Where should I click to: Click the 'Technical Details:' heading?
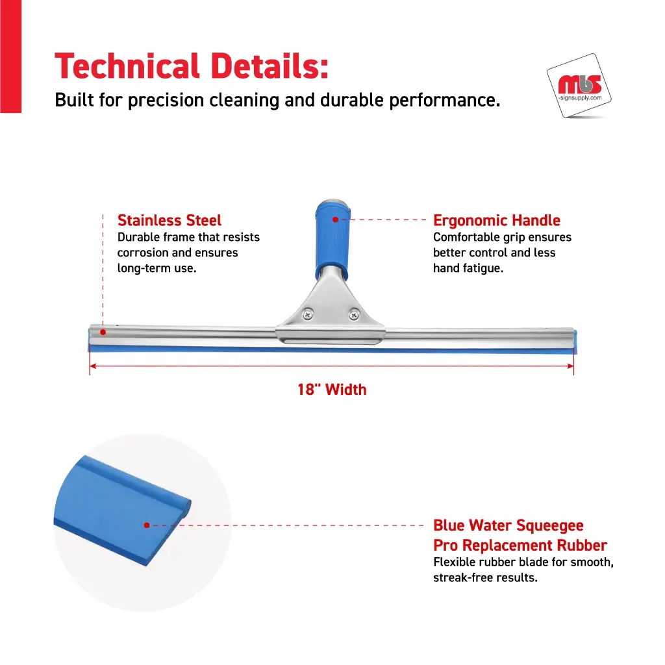point(192,66)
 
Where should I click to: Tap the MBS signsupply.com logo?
point(579,86)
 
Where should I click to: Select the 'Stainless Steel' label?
point(169,221)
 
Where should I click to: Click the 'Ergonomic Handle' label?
point(497,221)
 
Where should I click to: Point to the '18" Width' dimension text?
point(332,390)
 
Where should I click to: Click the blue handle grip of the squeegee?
point(333,240)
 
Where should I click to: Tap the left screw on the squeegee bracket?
point(307,315)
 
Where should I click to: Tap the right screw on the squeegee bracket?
point(354,315)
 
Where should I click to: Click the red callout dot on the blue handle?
point(336,220)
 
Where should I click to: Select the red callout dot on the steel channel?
point(103,332)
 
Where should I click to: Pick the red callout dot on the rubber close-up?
point(147,525)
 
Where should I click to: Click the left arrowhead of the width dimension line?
point(93,366)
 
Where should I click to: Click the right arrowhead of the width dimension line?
point(570,366)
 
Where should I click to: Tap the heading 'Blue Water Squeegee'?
point(508,525)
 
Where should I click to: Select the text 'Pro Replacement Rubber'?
point(520,545)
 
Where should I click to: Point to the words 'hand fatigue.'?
point(468,268)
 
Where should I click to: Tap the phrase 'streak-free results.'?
point(485,577)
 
